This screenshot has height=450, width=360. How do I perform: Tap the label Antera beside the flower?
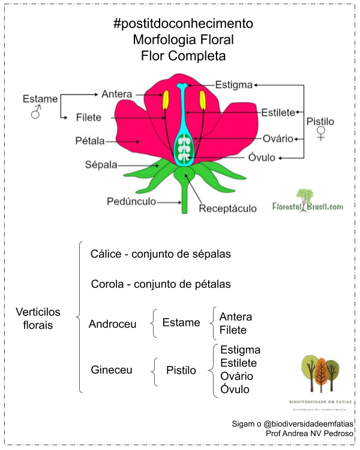click(117, 94)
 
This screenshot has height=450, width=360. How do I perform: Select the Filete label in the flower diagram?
click(89, 118)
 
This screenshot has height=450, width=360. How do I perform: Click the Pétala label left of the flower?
click(90, 142)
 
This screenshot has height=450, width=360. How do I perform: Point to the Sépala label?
click(100, 164)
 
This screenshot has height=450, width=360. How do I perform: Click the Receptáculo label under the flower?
click(227, 209)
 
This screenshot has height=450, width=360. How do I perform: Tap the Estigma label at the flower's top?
click(234, 85)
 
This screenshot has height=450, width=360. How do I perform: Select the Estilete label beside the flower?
click(278, 112)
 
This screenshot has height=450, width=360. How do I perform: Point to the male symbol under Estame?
click(36, 112)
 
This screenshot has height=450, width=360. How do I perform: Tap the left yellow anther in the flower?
click(166, 100)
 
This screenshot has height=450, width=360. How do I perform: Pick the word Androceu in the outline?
click(113, 324)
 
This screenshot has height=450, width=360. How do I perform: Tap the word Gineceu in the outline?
click(112, 370)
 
